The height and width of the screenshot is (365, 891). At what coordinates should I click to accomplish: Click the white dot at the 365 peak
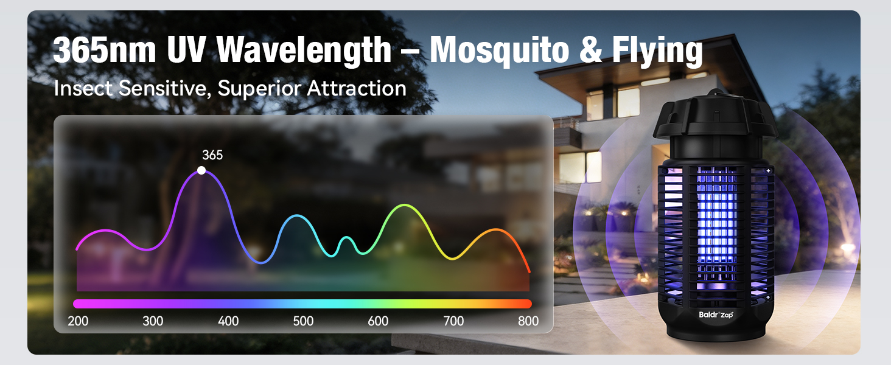[201, 170]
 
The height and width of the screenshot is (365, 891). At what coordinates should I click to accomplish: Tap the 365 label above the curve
[212, 155]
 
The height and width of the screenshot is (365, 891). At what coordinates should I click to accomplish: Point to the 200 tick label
[78, 321]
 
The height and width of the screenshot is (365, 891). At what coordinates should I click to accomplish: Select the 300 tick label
[153, 321]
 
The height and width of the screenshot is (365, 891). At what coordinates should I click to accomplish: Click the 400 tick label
[228, 321]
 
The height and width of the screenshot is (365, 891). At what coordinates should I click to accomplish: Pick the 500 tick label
[303, 321]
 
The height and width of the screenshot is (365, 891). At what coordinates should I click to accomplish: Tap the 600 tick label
[378, 321]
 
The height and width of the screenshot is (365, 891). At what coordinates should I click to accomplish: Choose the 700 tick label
[453, 321]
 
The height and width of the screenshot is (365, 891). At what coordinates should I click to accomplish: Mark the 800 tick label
[528, 321]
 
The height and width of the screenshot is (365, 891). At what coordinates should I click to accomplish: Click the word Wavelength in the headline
[304, 51]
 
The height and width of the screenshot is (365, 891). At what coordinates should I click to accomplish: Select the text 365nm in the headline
[104, 50]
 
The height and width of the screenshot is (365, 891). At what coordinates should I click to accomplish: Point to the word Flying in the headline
[657, 51]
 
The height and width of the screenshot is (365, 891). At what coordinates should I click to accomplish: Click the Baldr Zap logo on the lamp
[716, 315]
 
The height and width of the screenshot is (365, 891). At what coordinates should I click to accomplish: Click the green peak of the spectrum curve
[404, 205]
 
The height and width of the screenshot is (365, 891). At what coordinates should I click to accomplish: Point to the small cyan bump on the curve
[346, 238]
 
